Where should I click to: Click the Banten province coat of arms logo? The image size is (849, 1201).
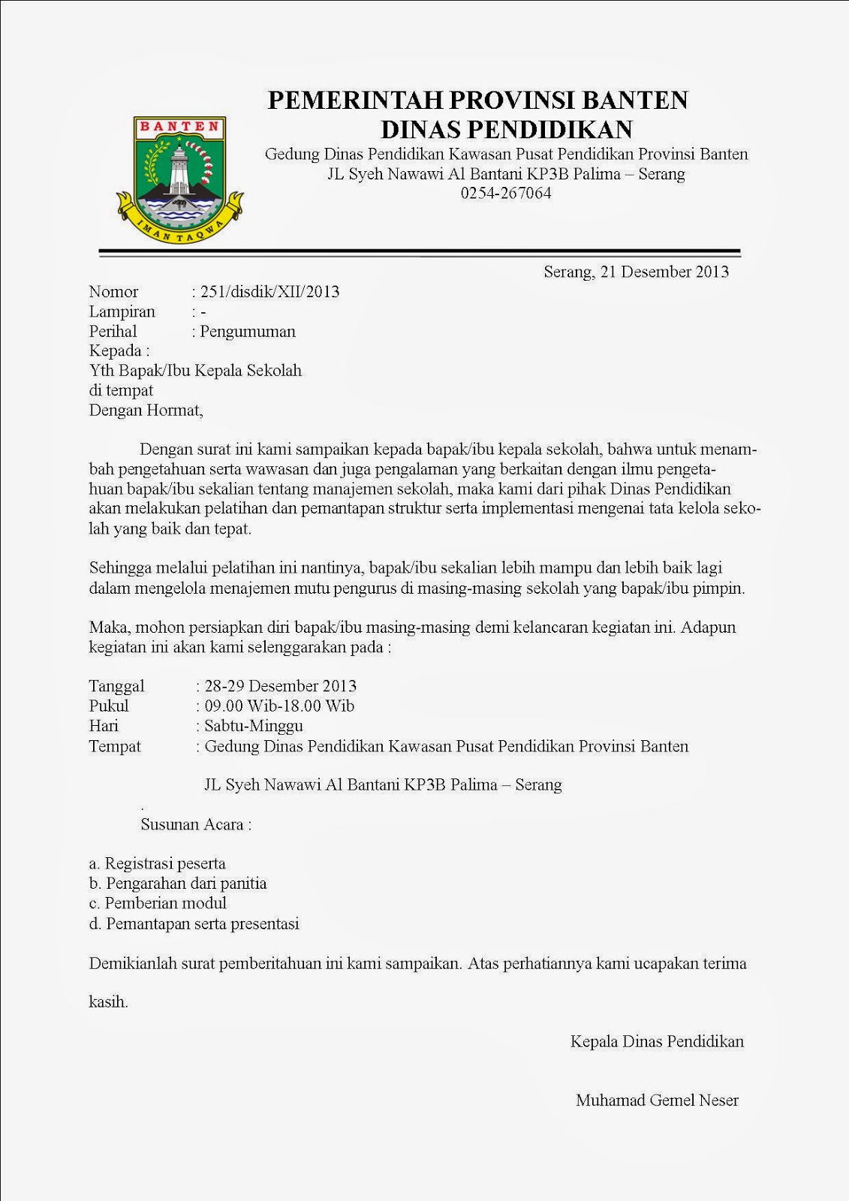[179, 180]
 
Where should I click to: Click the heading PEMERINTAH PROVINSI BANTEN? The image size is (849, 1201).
[478, 100]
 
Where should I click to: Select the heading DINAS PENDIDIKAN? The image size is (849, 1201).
[507, 129]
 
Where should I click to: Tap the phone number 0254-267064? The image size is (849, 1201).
[506, 193]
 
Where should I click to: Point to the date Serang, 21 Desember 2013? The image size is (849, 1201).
[636, 272]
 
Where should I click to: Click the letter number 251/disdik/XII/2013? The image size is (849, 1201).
[269, 292]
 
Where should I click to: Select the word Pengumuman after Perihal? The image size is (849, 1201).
[248, 332]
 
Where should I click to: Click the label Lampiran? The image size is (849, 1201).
[122, 312]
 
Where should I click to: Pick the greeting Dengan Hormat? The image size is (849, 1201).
[146, 411]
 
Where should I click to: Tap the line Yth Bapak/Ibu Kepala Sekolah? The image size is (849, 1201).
[195, 371]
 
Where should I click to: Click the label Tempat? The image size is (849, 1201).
[115, 746]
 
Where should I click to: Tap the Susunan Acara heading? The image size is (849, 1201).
[196, 824]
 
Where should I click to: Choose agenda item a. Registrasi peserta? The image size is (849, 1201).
[157, 864]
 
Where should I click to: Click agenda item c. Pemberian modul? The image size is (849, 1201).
[158, 903]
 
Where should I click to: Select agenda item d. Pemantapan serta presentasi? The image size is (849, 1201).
[194, 923]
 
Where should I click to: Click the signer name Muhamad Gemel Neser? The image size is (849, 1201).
[657, 1100]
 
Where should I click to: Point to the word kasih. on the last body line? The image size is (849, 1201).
[108, 1001]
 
